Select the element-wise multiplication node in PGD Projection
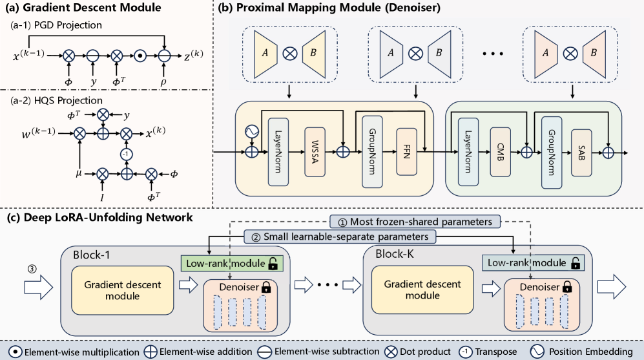click(140, 57)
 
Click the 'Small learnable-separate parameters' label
click(340, 237)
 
